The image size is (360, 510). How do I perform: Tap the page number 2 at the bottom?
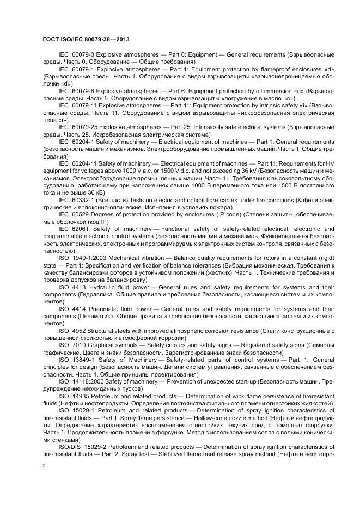[x=43, y=466]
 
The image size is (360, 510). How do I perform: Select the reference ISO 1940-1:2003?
[x=83, y=257]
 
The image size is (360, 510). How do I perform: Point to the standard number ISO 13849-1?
[x=75, y=360]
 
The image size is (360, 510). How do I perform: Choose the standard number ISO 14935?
[x=72, y=396]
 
